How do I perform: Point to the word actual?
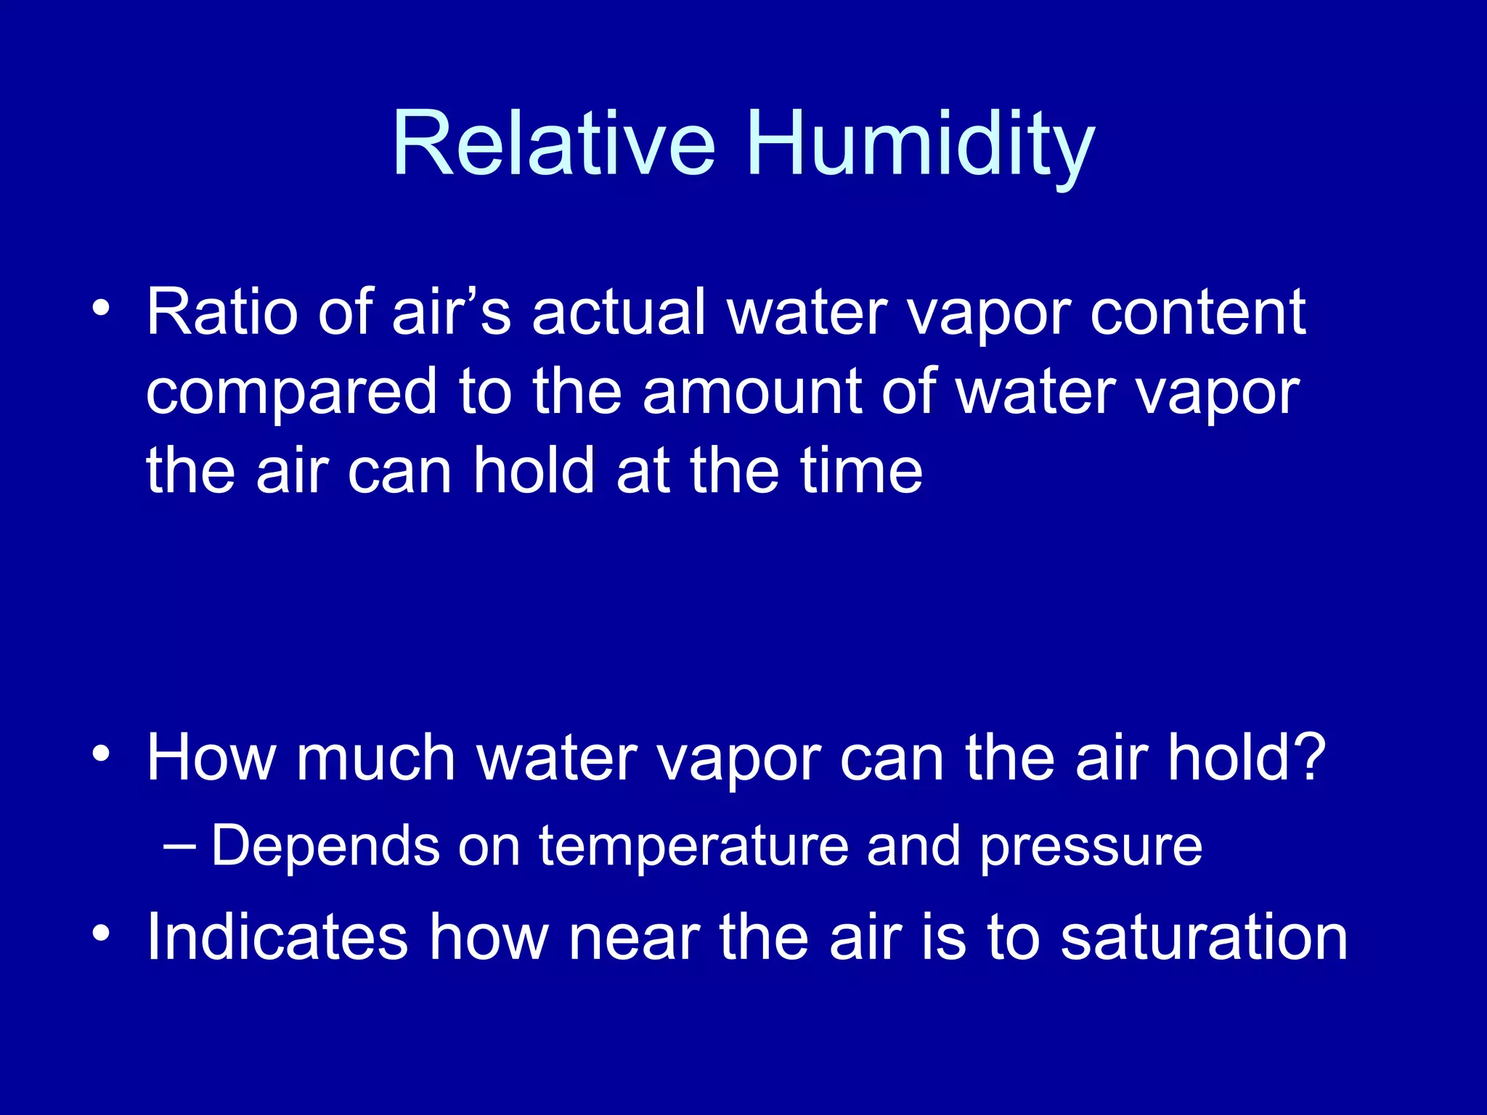click(619, 312)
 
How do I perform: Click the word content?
click(1198, 314)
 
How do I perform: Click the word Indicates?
click(277, 937)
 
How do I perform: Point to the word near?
click(634, 939)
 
